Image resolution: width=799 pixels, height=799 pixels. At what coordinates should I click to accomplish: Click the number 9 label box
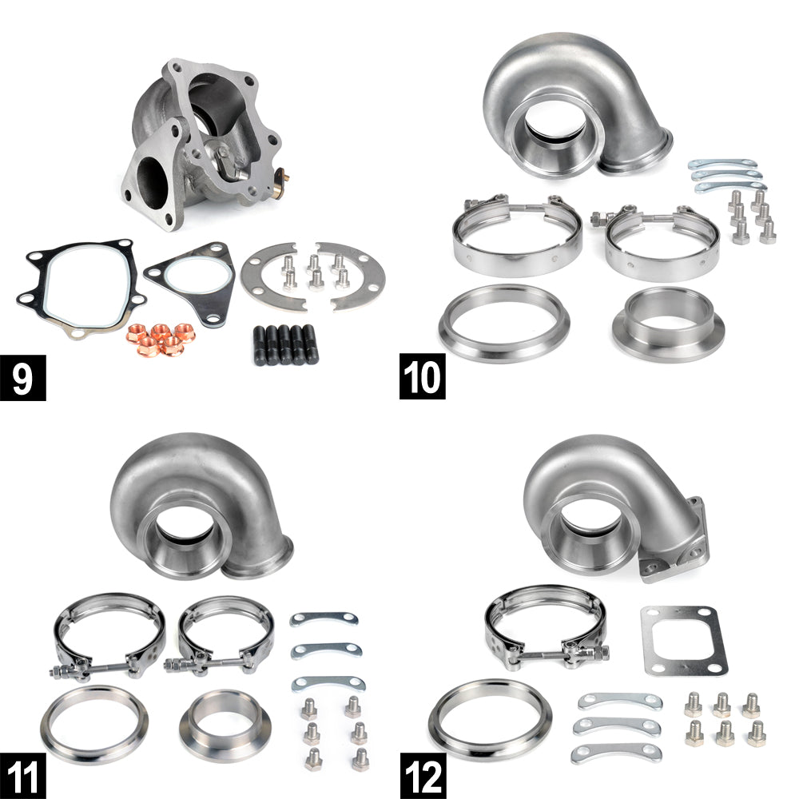[23, 378]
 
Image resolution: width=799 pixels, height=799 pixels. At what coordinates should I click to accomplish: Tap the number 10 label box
[423, 376]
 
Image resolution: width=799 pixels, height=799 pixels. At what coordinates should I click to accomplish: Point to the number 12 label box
[423, 776]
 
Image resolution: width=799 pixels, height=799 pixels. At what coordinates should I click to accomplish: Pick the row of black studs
[285, 344]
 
